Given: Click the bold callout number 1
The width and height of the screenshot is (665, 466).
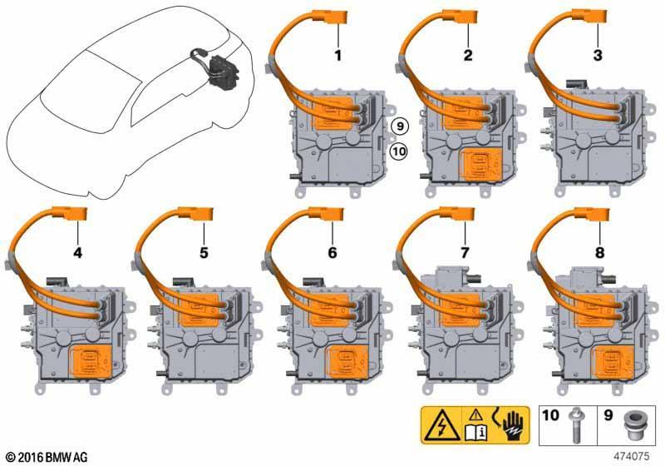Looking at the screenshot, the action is (x=338, y=55).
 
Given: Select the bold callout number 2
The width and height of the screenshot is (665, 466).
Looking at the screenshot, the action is (x=468, y=55).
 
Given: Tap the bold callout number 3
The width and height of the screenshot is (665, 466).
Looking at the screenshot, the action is (x=598, y=55).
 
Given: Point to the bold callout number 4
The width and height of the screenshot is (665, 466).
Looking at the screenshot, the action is (x=77, y=253).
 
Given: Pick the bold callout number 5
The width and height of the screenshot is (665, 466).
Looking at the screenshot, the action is (x=204, y=253).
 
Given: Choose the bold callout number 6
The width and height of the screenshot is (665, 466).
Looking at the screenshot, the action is (x=332, y=253).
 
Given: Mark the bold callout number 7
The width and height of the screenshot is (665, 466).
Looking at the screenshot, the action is (x=465, y=253).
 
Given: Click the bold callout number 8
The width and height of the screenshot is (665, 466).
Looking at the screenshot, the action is (x=599, y=253).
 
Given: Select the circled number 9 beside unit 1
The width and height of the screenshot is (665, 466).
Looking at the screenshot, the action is (x=400, y=126).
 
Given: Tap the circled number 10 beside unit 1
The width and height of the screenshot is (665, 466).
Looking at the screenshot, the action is (x=399, y=151).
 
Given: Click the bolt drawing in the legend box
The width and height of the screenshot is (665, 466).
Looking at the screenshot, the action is (x=575, y=425).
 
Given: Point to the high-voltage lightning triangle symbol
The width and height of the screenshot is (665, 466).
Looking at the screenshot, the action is (x=441, y=426).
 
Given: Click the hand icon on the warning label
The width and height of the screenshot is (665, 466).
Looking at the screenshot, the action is (x=515, y=427).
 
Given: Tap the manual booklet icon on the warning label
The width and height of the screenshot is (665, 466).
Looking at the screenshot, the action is (x=476, y=433).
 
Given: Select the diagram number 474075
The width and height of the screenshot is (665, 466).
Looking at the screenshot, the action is (x=632, y=457).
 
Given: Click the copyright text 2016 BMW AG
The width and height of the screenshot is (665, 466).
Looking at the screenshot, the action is (x=47, y=457).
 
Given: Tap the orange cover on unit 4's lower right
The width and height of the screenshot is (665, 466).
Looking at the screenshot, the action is (x=93, y=361).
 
